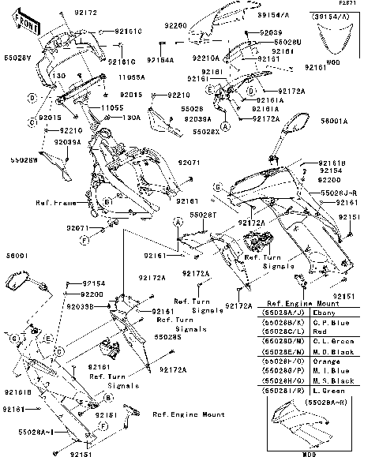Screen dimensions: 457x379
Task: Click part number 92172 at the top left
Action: tap(85, 13)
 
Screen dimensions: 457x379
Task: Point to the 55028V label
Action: tap(17, 58)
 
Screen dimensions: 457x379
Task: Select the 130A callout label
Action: tap(131, 117)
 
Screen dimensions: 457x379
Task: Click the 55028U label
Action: tap(287, 41)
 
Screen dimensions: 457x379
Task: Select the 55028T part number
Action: tap(203, 214)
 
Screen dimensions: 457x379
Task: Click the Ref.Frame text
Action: tap(54, 203)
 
